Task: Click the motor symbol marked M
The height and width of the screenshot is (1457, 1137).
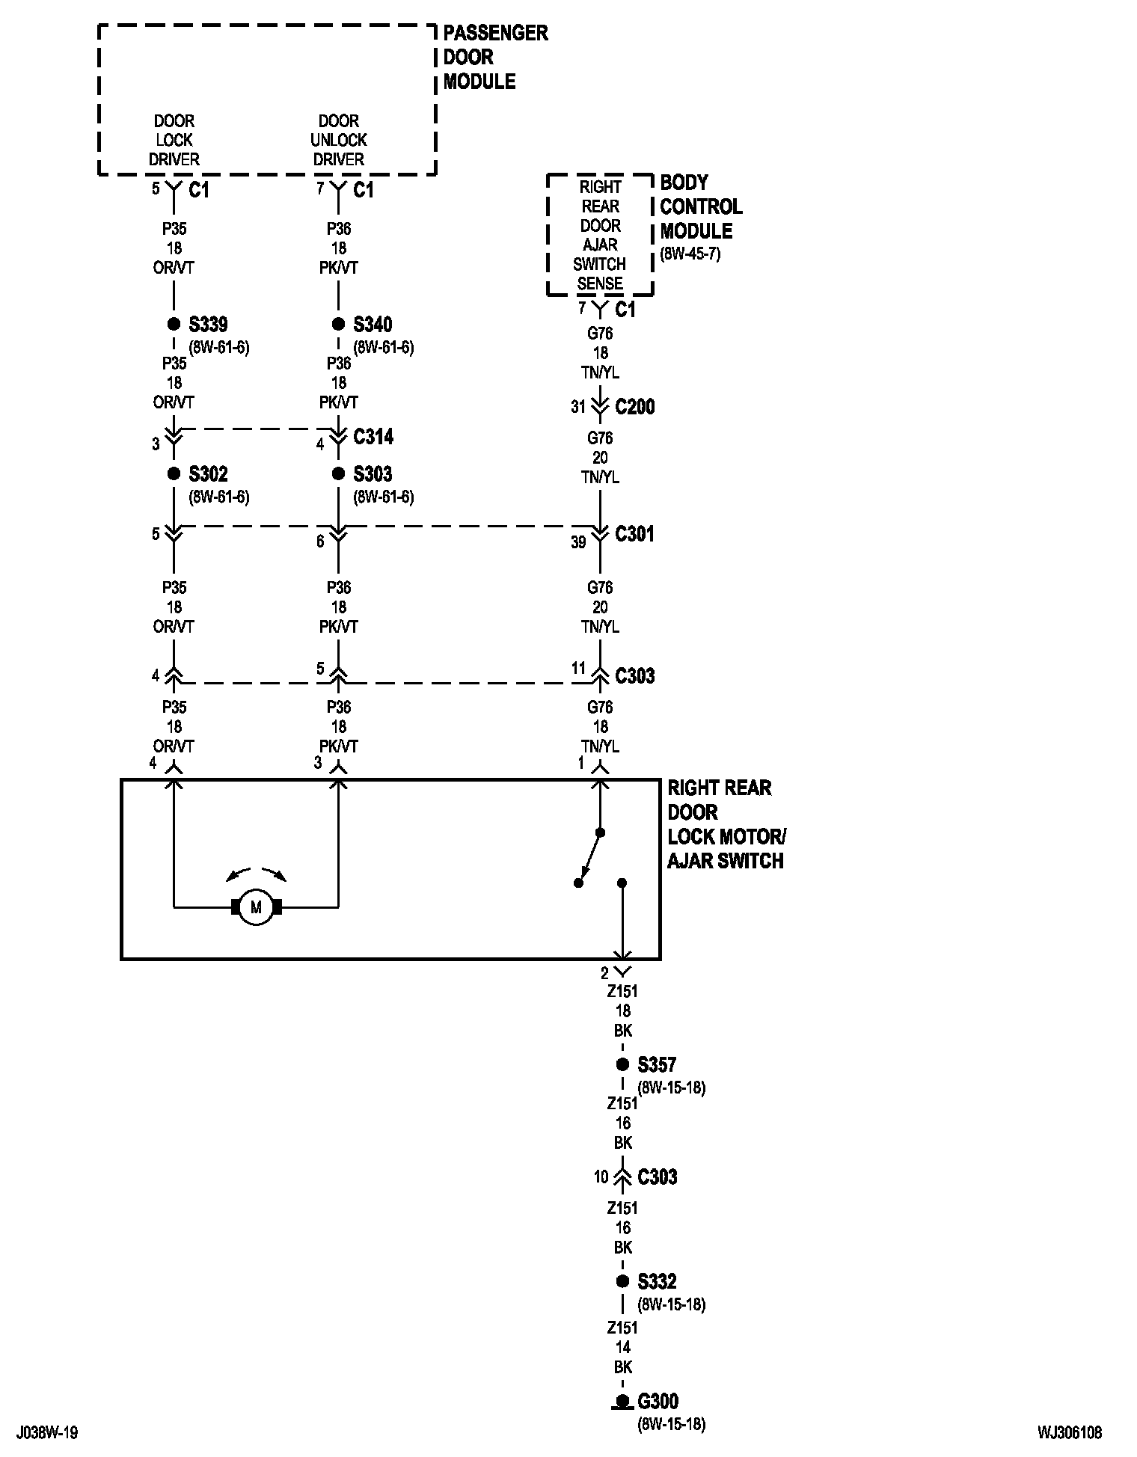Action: click(x=256, y=907)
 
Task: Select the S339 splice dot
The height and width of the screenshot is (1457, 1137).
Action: click(x=174, y=324)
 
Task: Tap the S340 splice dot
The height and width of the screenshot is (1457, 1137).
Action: click(x=338, y=324)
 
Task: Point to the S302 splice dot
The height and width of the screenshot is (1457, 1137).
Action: click(x=174, y=473)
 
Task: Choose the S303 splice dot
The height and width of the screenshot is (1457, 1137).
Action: click(x=338, y=473)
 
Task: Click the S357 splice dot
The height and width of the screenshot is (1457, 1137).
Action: click(x=622, y=1064)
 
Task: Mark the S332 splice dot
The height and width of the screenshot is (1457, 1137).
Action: click(x=622, y=1281)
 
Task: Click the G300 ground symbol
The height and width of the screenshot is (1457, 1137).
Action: click(x=621, y=1401)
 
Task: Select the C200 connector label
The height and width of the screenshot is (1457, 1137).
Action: click(x=634, y=407)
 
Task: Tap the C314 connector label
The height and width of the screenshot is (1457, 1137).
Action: click(x=373, y=437)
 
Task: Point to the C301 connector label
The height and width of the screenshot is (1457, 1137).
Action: click(x=634, y=534)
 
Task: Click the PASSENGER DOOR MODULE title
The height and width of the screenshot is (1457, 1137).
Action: click(x=494, y=57)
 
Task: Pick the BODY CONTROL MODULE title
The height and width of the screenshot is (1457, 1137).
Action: click(x=700, y=206)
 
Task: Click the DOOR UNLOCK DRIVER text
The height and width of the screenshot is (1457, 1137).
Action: click(x=338, y=140)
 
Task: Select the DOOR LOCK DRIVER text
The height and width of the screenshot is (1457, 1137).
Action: click(x=174, y=140)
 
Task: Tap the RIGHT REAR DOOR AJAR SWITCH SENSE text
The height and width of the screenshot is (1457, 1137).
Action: click(x=600, y=235)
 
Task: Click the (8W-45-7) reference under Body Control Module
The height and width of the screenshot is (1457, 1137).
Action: click(x=690, y=254)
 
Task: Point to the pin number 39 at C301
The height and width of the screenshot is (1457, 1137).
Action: click(x=578, y=542)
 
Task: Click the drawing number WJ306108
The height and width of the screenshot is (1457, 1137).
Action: click(x=1069, y=1433)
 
